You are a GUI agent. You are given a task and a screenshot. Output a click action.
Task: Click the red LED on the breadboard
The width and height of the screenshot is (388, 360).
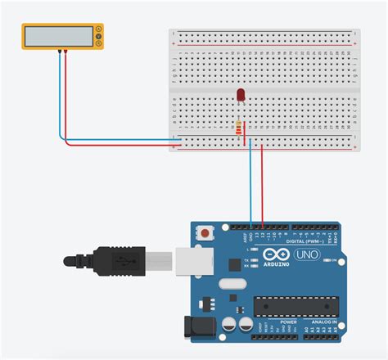point(241,95)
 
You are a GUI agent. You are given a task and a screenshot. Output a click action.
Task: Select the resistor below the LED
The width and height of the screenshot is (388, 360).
point(238,128)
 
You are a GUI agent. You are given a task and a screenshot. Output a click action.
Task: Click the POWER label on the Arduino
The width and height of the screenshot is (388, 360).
point(289,322)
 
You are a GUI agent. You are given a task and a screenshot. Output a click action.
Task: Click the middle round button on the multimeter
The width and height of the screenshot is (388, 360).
point(98,37)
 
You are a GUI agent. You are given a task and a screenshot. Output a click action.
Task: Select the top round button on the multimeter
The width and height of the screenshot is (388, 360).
point(98,29)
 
